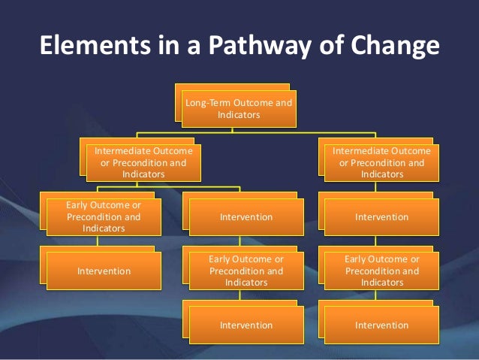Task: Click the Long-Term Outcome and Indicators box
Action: tap(239, 108)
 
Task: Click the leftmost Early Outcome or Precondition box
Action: tap(103, 217)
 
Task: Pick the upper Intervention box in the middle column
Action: tap(246, 217)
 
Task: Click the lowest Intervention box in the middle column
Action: tap(246, 325)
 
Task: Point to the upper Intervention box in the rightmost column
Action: tap(381, 217)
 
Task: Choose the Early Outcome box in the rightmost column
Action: tap(381, 271)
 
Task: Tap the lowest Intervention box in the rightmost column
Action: tap(381, 325)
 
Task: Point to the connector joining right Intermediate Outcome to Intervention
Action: tap(375, 187)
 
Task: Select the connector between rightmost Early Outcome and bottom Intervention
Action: tap(375, 295)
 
